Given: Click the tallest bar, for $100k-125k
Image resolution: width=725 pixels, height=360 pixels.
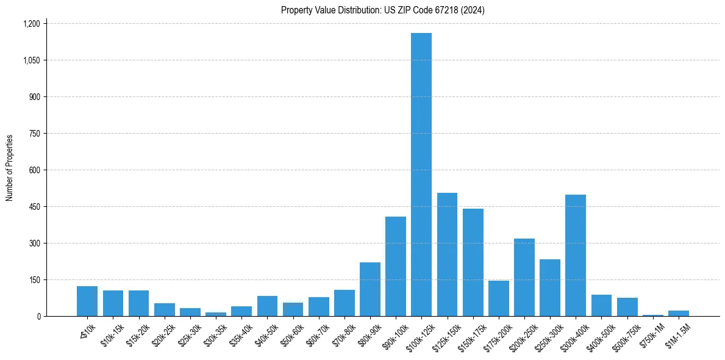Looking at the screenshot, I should pyautogui.click(x=421, y=175).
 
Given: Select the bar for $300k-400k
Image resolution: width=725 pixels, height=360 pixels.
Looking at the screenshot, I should pyautogui.click(x=576, y=255).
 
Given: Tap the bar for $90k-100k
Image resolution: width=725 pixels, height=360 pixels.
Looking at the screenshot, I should pyautogui.click(x=396, y=266).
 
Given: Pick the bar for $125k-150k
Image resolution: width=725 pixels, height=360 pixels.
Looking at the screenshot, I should pyautogui.click(x=447, y=254).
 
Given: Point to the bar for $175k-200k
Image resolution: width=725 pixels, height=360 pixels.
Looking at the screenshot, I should pyautogui.click(x=498, y=298).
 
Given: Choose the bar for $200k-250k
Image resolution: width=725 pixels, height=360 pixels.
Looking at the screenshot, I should pyautogui.click(x=524, y=277).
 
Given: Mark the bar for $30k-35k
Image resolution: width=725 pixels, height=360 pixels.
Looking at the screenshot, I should pyautogui.click(x=216, y=314).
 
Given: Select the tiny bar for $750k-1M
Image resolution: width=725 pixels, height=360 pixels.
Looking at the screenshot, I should pyautogui.click(x=652, y=315).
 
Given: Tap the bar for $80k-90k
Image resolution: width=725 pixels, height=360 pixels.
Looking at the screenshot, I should pyautogui.click(x=370, y=289).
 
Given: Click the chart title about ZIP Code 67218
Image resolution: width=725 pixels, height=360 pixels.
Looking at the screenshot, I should pyautogui.click(x=383, y=10).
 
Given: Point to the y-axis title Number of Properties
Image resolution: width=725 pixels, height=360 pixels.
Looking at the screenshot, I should pyautogui.click(x=10, y=168).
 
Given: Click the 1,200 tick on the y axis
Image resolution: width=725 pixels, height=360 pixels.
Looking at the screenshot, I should pyautogui.click(x=31, y=24).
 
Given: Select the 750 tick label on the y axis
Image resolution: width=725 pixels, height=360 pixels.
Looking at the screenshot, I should pyautogui.click(x=34, y=134).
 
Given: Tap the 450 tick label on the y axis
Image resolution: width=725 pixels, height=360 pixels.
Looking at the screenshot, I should pyautogui.click(x=34, y=207).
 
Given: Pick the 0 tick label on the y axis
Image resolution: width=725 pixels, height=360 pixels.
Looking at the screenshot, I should pyautogui.click(x=38, y=317).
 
